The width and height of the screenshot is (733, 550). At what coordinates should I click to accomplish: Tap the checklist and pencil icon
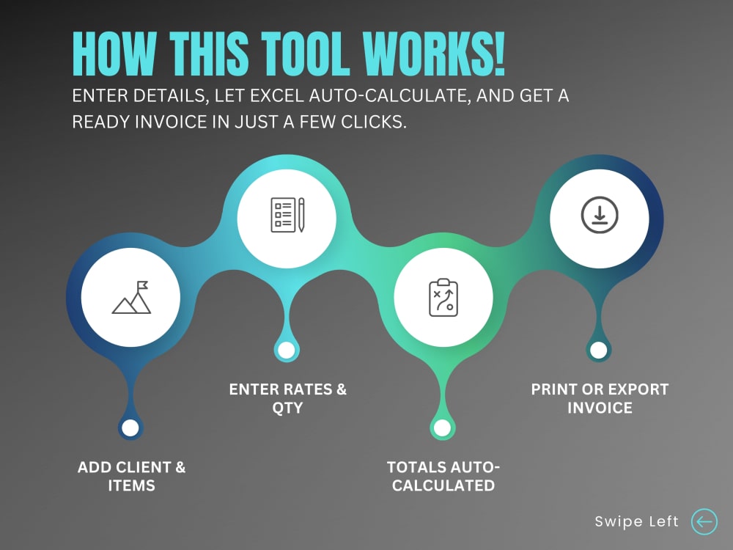point(287,215)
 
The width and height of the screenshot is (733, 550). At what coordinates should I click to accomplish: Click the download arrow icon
point(599,215)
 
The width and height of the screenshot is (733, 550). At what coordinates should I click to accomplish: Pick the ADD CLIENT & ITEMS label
point(131,476)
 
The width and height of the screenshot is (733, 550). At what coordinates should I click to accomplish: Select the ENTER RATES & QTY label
point(287,398)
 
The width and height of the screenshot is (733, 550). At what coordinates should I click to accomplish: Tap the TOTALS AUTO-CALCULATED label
point(443,476)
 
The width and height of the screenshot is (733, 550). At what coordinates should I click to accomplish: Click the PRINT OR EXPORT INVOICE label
point(600,398)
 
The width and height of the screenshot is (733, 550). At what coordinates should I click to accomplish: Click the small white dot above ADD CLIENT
point(130,428)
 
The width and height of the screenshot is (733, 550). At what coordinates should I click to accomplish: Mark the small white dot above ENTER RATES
point(287,350)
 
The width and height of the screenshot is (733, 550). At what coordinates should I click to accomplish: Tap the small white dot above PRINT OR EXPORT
point(598,350)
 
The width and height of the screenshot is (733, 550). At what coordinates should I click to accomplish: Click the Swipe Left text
point(636,522)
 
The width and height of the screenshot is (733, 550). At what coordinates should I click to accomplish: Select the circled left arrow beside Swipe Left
point(704,521)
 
